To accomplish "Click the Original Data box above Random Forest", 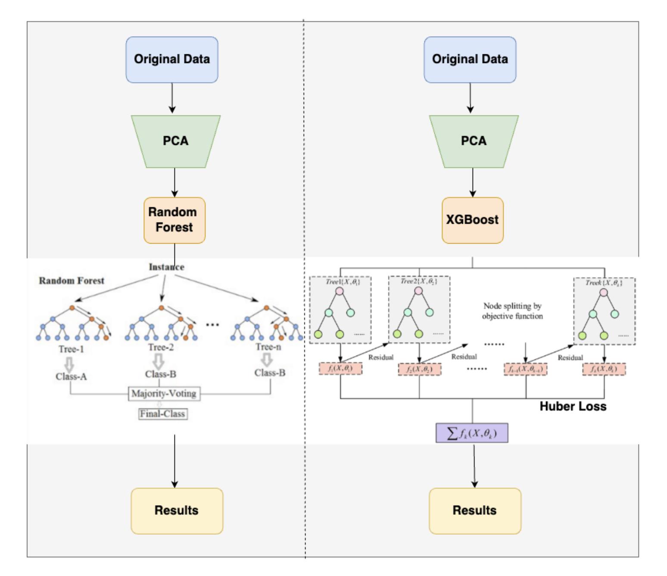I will (171, 59).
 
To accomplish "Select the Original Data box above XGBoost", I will (470, 59).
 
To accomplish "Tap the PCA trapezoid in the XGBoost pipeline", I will (474, 141).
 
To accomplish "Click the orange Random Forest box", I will (174, 220).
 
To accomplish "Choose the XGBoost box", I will (472, 220).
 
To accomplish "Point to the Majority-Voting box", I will (164, 393).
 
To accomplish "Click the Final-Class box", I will (162, 414).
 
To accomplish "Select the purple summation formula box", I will (472, 433).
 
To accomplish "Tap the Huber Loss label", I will (573, 406).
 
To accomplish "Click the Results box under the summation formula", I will (474, 510).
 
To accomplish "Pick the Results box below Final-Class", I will (177, 510).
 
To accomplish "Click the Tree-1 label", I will (71, 349).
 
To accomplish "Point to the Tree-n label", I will (268, 347).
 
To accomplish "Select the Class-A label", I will (71, 376).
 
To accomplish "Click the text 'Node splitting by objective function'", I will (512, 311).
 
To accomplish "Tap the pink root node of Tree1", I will (340, 291).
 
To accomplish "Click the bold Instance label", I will (166, 267).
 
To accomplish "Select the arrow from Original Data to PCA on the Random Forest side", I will (172, 98).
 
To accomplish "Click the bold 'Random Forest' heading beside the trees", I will (72, 281).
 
